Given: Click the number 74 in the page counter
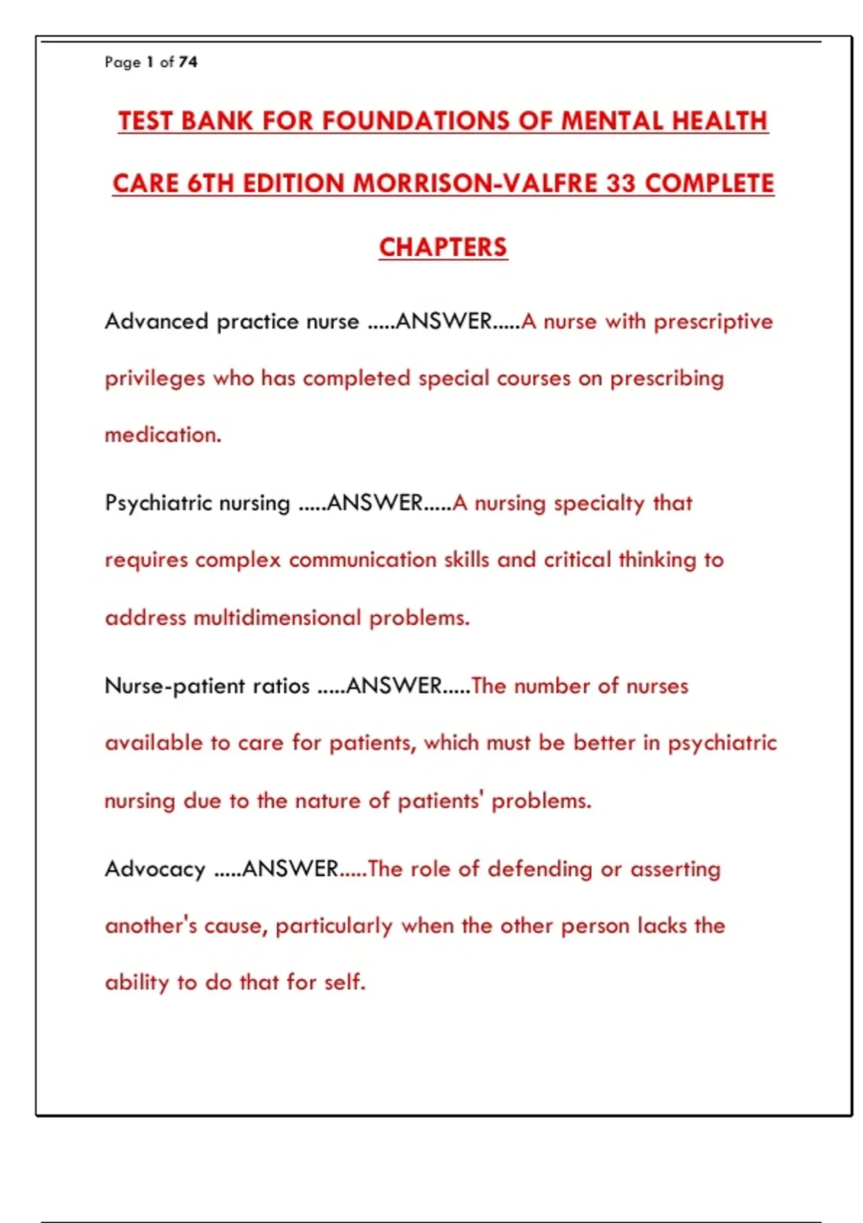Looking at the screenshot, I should [188, 62].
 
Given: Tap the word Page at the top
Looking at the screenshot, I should [122, 63].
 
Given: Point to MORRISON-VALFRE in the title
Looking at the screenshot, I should [474, 183].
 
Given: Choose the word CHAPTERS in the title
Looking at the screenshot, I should [443, 247].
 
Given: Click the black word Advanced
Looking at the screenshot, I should [157, 321].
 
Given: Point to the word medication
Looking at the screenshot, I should [163, 435].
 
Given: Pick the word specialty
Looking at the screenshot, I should [599, 503].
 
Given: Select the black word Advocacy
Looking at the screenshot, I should [155, 869].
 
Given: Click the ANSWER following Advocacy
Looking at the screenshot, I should [290, 869].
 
